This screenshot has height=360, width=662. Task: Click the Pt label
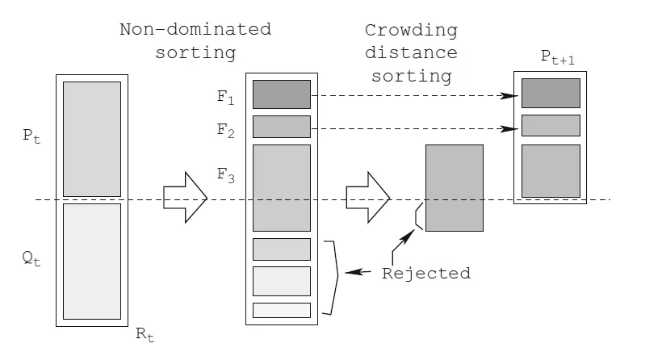(x=31, y=136)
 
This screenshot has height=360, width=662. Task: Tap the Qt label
(x=31, y=257)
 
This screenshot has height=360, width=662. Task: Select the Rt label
(x=145, y=334)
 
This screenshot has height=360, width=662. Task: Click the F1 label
(x=225, y=97)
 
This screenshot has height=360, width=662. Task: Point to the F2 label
(x=225, y=131)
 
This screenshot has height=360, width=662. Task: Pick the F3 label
(x=225, y=175)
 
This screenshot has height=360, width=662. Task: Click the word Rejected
(x=426, y=274)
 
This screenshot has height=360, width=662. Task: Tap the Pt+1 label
(x=558, y=57)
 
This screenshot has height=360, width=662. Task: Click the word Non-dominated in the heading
(x=195, y=29)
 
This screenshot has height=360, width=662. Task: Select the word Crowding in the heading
(x=411, y=31)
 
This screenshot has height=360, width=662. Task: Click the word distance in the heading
(x=411, y=52)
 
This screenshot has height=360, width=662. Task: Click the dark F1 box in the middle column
(x=282, y=94)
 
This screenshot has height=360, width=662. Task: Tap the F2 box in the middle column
(x=282, y=127)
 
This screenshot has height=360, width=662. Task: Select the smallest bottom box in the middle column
(x=282, y=310)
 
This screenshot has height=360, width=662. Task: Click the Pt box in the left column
(x=92, y=140)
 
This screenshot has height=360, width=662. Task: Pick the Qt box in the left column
(x=92, y=262)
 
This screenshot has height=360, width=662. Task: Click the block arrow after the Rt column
(x=186, y=198)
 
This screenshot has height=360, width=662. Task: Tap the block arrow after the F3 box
(x=368, y=198)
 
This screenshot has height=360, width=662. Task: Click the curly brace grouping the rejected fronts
(x=331, y=278)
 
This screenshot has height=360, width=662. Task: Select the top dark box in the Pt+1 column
(x=551, y=93)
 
